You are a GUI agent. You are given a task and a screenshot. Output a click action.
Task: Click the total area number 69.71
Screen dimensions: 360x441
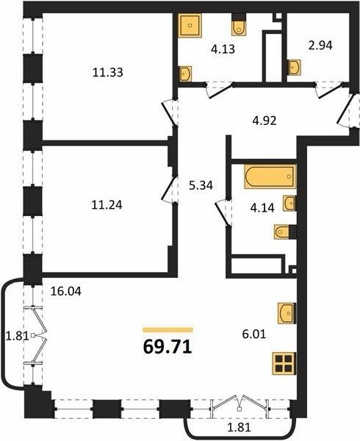point(168,347)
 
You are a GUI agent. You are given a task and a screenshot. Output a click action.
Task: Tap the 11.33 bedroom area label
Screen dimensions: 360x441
point(108,73)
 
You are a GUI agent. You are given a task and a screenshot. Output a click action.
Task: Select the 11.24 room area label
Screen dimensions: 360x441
point(107,205)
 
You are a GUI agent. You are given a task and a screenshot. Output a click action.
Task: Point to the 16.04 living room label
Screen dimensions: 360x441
point(66,291)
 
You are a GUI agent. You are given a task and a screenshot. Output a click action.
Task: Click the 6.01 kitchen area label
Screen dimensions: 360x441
point(254,334)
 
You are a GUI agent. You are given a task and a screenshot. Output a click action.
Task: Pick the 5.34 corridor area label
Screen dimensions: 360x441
point(201,186)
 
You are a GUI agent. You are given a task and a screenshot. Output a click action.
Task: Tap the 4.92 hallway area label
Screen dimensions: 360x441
point(264,121)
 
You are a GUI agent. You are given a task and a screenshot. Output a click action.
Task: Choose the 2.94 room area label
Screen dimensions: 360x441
point(320,46)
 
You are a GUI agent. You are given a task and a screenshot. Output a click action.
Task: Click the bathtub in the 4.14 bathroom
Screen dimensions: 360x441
point(270,176)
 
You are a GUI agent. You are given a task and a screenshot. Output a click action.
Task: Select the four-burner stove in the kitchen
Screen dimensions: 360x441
point(284,364)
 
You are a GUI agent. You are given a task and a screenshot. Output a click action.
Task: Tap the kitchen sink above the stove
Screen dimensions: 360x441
point(287,313)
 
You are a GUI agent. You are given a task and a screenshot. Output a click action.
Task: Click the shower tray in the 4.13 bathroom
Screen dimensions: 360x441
point(190,25)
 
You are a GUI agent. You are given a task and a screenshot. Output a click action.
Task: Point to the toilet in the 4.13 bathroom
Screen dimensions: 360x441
point(240,25)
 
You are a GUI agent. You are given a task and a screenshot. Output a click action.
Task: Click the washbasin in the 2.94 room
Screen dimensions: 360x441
point(294,67)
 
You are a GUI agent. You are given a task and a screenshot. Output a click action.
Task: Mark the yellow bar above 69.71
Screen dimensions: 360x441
point(168,330)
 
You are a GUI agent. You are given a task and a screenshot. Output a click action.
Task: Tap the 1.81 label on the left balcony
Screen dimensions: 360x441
point(18,336)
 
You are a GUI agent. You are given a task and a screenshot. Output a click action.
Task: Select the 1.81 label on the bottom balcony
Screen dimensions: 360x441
point(239,428)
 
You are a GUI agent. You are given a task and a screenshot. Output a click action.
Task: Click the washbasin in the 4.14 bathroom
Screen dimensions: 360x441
point(289,203)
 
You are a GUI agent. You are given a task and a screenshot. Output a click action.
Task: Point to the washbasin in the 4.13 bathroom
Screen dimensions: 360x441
point(185,73)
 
